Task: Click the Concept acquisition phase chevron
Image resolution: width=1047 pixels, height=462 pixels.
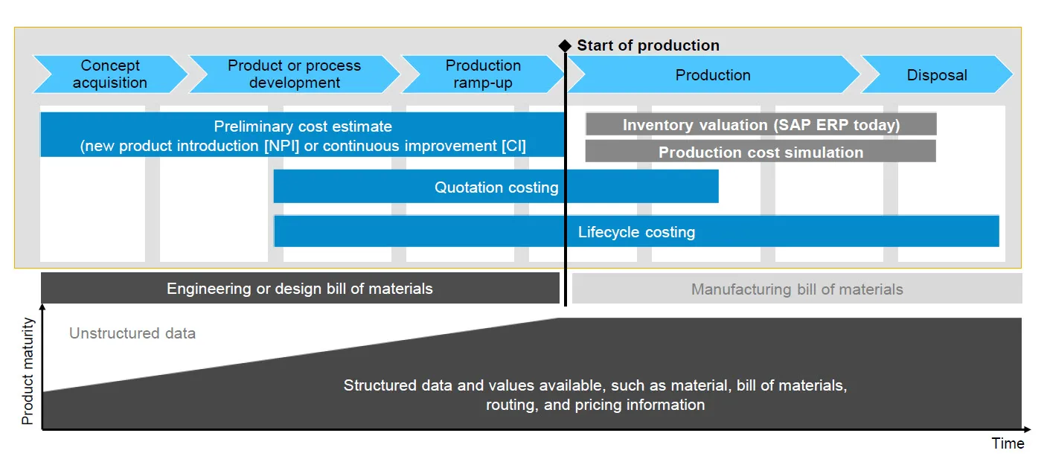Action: pos(110,74)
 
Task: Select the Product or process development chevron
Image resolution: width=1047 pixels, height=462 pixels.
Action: pos(294,74)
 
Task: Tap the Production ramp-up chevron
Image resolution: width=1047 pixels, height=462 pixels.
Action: pos(483,74)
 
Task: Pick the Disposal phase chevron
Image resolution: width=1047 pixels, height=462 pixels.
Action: pos(937,75)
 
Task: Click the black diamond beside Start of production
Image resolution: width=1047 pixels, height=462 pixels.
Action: pos(565,46)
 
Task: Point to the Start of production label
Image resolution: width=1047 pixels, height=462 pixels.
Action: pos(648,45)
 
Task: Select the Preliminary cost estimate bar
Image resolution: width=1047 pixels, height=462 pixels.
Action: pos(303,135)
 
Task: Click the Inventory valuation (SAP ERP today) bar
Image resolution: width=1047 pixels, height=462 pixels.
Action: pos(761,125)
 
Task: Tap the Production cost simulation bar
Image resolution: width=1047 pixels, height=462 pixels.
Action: pos(761,152)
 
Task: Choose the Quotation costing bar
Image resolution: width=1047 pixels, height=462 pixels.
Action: pos(496,187)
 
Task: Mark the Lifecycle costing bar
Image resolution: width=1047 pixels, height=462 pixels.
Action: pos(636,231)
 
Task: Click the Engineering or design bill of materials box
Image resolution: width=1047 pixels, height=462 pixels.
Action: pos(300,289)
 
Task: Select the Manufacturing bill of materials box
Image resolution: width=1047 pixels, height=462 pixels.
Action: pos(797,289)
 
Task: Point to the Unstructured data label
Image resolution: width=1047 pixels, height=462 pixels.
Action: pos(132,333)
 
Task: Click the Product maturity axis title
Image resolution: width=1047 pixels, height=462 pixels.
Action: pos(28,370)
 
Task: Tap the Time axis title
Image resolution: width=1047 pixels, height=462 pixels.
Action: pos(1008,443)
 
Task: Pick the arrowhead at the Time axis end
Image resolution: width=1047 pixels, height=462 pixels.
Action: pos(1027,429)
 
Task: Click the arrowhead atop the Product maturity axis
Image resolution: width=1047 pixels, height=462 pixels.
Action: pos(42,307)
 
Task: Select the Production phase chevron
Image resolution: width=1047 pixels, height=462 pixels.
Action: pos(713,75)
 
